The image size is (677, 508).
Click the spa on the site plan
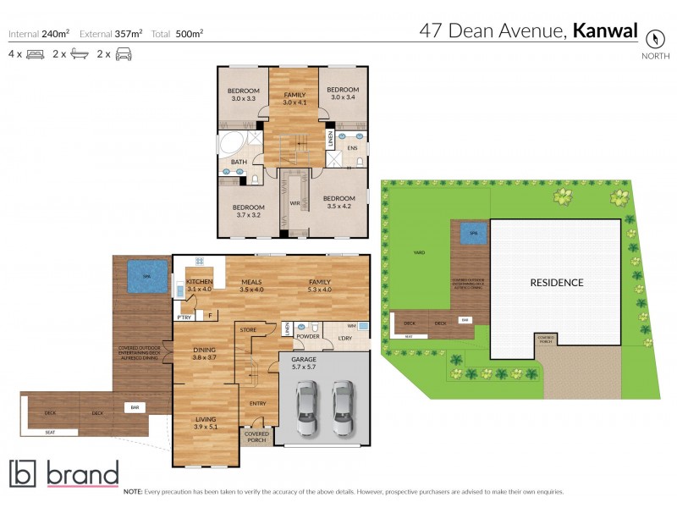click(x=473, y=233)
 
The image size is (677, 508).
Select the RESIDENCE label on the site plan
click(x=557, y=282)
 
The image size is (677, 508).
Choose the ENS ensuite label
click(x=352, y=148)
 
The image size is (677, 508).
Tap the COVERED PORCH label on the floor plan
click(x=256, y=437)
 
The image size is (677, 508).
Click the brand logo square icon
click(x=22, y=474)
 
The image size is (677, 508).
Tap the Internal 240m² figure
click(x=40, y=35)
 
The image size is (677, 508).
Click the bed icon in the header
click(x=35, y=54)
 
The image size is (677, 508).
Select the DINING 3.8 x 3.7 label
click(x=204, y=354)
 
